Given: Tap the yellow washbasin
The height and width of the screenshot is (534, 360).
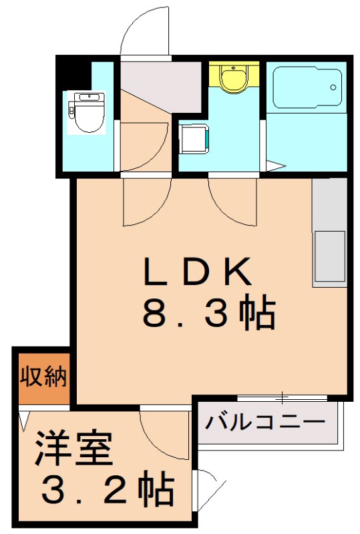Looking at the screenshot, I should (233, 78).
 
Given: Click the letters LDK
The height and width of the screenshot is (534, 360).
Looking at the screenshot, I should (198, 272).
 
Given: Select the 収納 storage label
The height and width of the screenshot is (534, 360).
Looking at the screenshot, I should (42, 378).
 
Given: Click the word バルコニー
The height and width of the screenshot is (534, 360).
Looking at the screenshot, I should (265, 423).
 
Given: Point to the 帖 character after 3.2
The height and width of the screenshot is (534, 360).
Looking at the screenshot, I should (157, 491).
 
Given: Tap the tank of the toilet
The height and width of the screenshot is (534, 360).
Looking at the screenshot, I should (87, 97).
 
